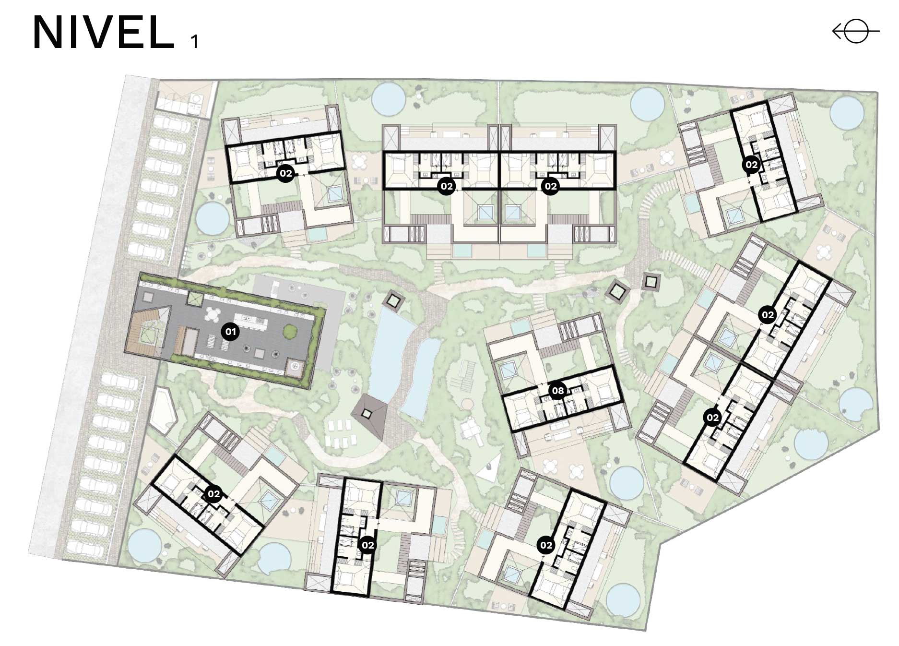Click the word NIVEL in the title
103,33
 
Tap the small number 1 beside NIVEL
194,42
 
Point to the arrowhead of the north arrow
837,32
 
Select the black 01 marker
231,332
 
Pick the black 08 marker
558,391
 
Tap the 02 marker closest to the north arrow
751,165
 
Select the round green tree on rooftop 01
289,332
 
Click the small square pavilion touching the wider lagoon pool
394,301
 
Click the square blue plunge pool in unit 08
507,371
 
